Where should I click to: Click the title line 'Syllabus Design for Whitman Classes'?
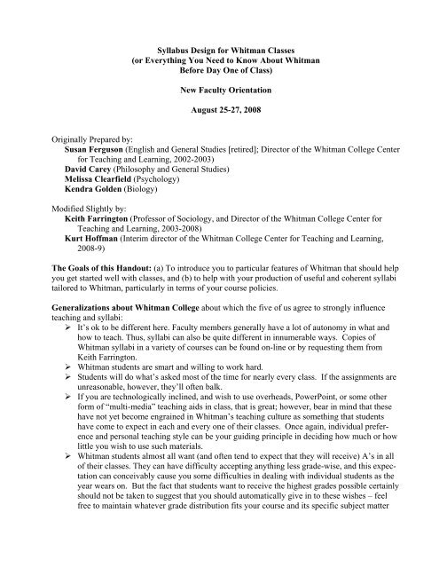coord(218,29)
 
